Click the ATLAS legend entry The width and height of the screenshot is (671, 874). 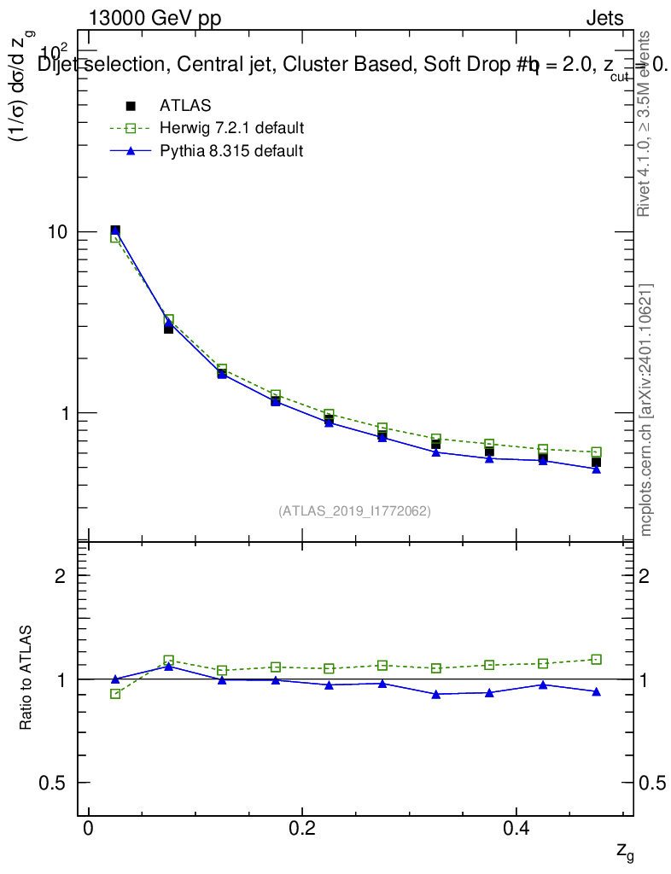click(185, 106)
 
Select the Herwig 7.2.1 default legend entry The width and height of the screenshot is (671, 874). click(231, 129)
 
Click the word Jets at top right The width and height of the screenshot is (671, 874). click(604, 19)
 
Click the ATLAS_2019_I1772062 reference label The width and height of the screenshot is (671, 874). click(354, 511)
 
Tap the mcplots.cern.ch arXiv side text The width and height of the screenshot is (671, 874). click(646, 410)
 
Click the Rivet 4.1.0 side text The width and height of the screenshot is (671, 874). click(646, 124)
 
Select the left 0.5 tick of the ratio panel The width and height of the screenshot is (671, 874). click(61, 783)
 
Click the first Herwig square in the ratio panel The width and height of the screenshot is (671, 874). click(115, 694)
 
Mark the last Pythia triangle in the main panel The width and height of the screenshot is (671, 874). click(596, 469)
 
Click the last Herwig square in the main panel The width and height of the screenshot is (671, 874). click(596, 452)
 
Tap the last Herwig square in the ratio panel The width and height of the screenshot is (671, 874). click(596, 659)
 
